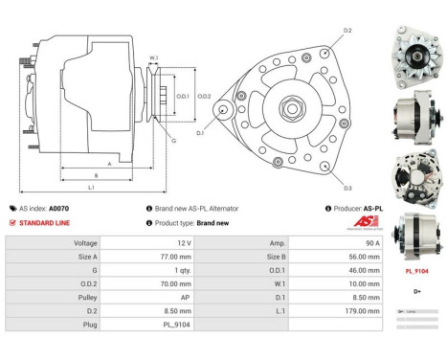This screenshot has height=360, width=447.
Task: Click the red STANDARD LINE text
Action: (44, 223)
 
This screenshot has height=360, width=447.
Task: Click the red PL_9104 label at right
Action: (417, 271)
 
